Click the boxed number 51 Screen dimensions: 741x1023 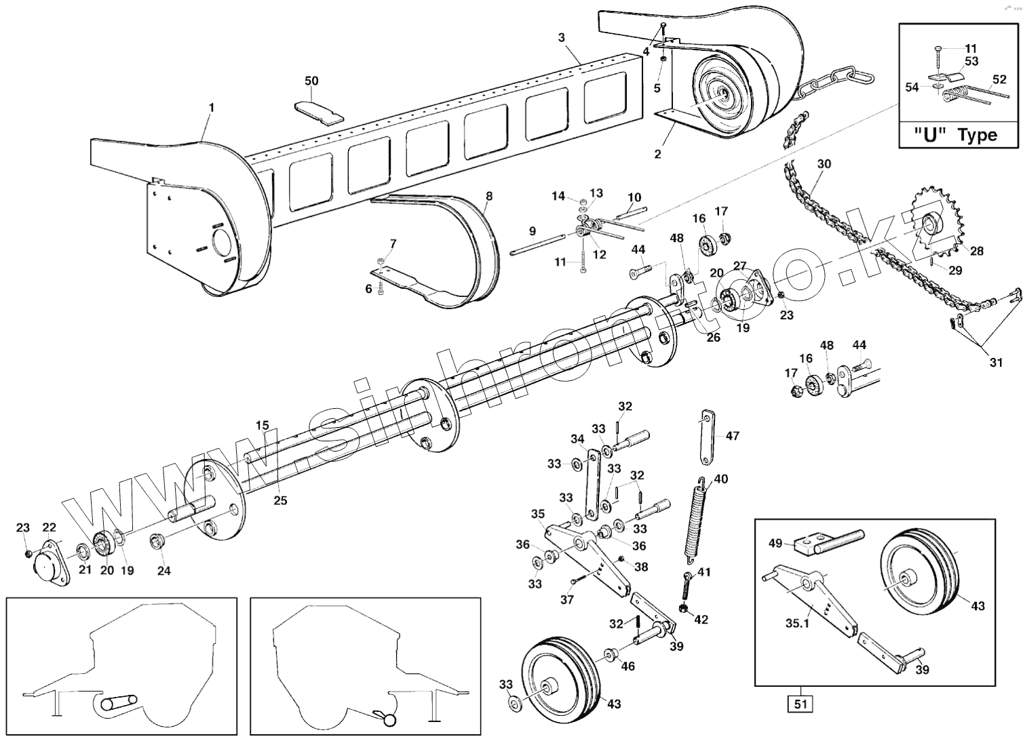(x=800, y=704)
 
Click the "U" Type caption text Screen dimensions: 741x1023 (x=958, y=135)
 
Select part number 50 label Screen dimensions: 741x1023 (x=311, y=81)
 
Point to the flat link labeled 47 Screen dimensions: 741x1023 (x=706, y=437)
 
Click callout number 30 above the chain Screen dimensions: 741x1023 (x=824, y=164)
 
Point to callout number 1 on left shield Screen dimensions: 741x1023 (x=212, y=108)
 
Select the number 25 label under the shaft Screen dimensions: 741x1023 (x=280, y=500)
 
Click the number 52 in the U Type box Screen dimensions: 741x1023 (x=999, y=79)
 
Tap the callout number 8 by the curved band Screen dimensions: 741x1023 (x=489, y=197)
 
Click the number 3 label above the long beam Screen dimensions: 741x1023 (x=562, y=37)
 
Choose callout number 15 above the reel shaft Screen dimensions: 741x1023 (x=263, y=426)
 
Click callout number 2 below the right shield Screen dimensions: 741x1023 (x=657, y=154)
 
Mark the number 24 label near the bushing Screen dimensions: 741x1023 (x=164, y=570)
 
